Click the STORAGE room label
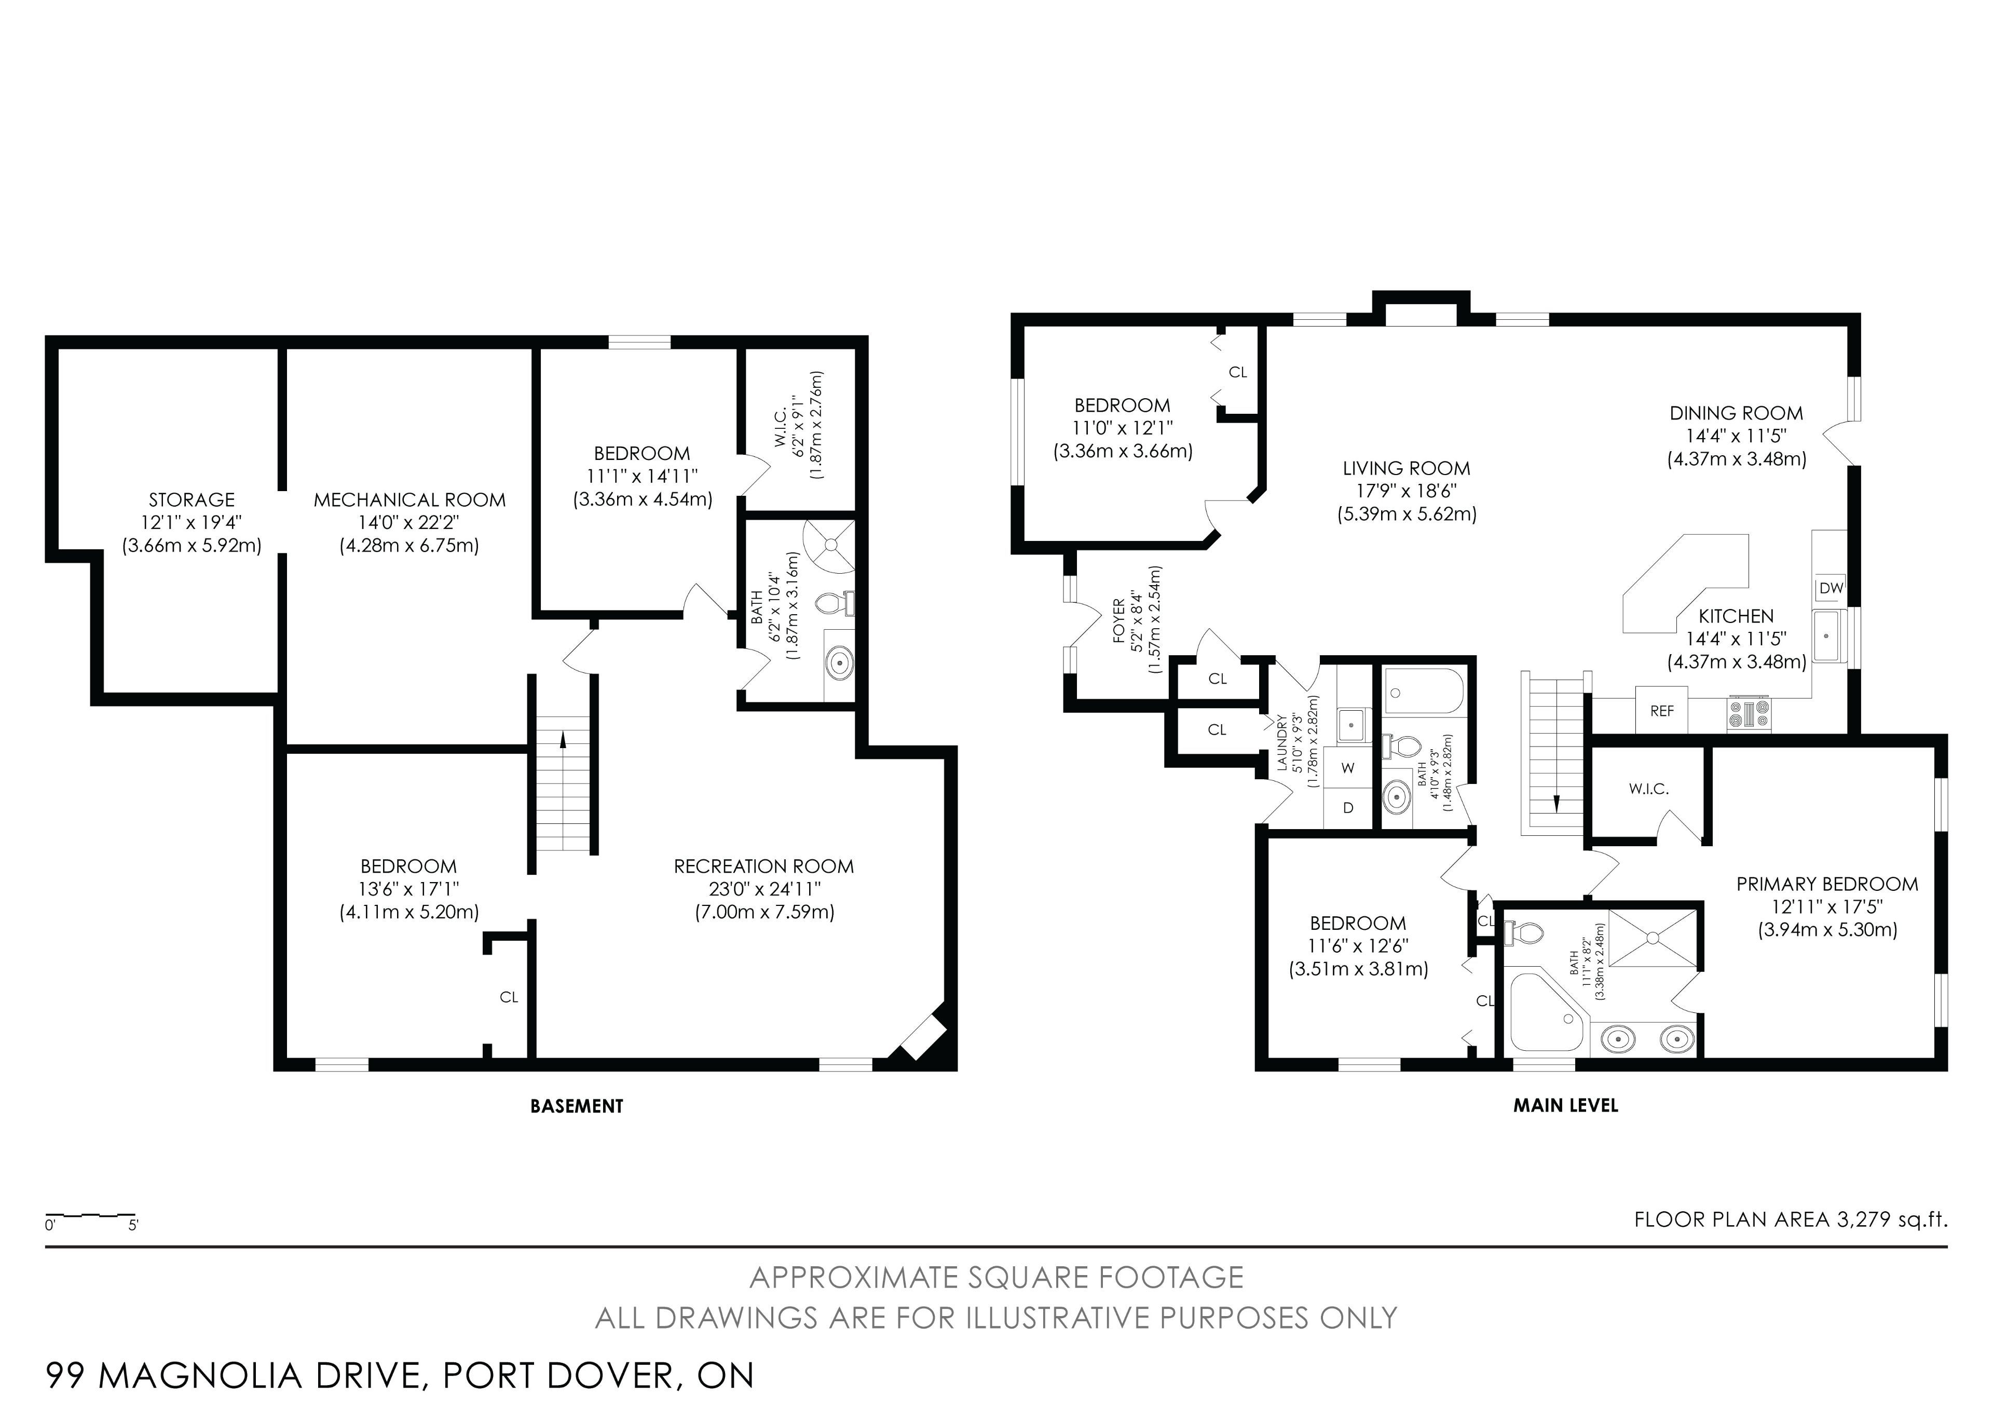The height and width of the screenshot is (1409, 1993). point(192,500)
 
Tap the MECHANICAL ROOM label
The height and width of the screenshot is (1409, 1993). point(409,500)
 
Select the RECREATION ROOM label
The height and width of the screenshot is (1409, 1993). point(764,866)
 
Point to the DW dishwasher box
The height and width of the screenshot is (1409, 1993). point(1831,588)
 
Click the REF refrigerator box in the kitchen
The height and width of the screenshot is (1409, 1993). point(1661,710)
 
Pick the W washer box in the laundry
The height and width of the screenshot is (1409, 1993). point(1348,767)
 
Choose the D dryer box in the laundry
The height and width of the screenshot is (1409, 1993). point(1348,807)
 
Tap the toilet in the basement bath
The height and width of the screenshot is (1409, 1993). point(836,603)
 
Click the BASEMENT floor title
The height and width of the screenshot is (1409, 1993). point(577,1106)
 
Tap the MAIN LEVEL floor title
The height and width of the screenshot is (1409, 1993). point(1566,1105)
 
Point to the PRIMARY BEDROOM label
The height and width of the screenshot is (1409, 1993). point(1827,884)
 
